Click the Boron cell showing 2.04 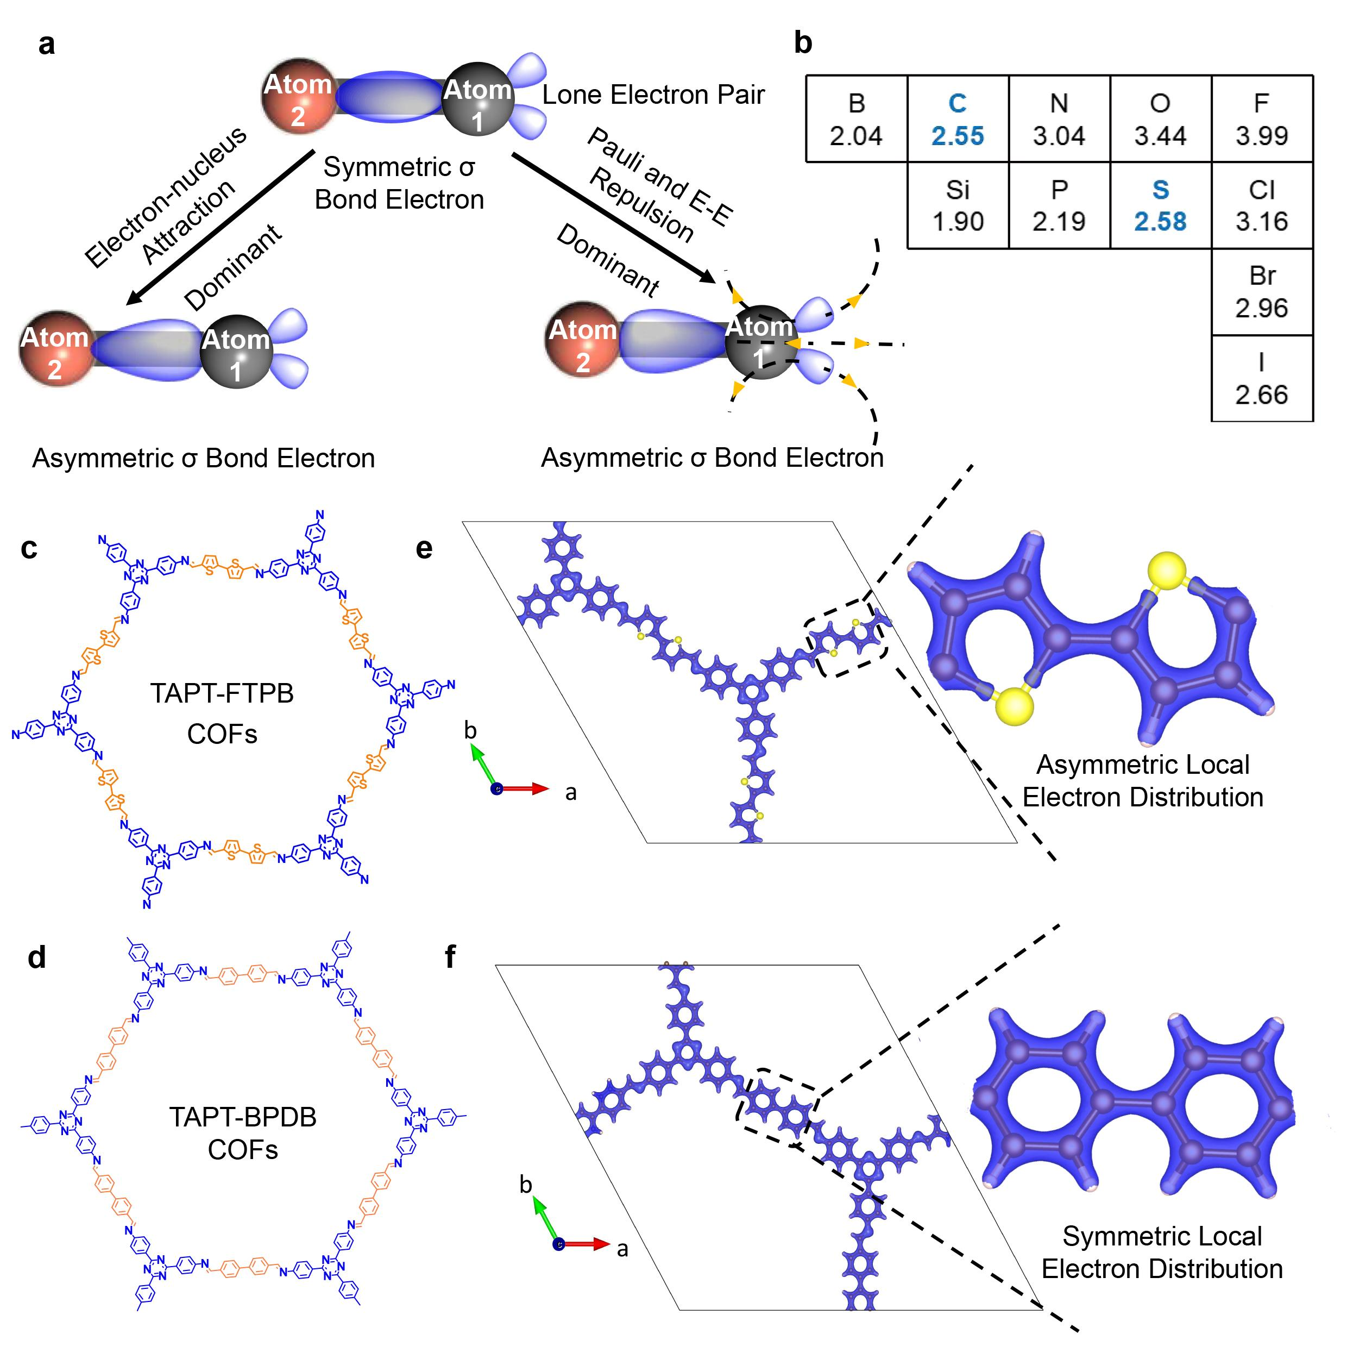pos(855,118)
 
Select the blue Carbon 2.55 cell pos(957,118)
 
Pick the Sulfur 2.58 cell pos(1160,205)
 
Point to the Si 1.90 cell pos(957,205)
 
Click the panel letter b pos(802,42)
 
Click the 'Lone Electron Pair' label pos(653,94)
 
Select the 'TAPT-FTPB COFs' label pos(222,713)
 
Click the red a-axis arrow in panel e pos(526,788)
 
